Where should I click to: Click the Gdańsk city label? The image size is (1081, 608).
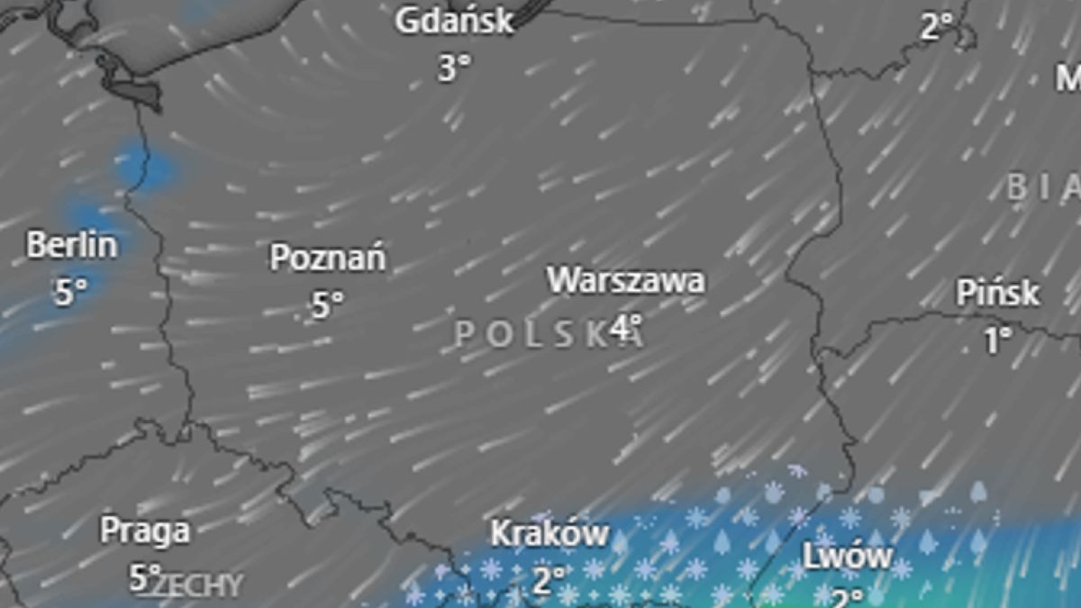coord(455,21)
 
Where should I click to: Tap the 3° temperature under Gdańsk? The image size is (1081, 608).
coord(454,68)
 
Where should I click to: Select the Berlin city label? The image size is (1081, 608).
coord(72,245)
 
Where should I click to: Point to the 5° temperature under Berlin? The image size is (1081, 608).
coord(71,291)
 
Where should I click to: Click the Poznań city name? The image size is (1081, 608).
coord(328,259)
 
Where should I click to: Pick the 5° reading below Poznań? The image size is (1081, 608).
coord(328,304)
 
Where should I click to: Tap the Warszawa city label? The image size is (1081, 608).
coord(626,280)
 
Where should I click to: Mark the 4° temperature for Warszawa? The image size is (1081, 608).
coord(626,326)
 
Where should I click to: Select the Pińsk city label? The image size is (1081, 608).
coord(998,293)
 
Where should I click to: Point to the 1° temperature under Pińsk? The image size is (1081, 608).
coord(997,340)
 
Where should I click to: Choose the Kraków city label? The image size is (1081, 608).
coord(550,533)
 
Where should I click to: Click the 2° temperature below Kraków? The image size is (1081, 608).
coord(548,579)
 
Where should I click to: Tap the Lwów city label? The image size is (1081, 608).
coord(848,556)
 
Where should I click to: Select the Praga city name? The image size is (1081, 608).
coord(145,530)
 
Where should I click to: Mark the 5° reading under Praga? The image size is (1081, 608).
coord(144,576)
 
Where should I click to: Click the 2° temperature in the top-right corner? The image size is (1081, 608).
coord(937,27)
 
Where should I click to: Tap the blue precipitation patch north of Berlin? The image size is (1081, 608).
coord(146,168)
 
